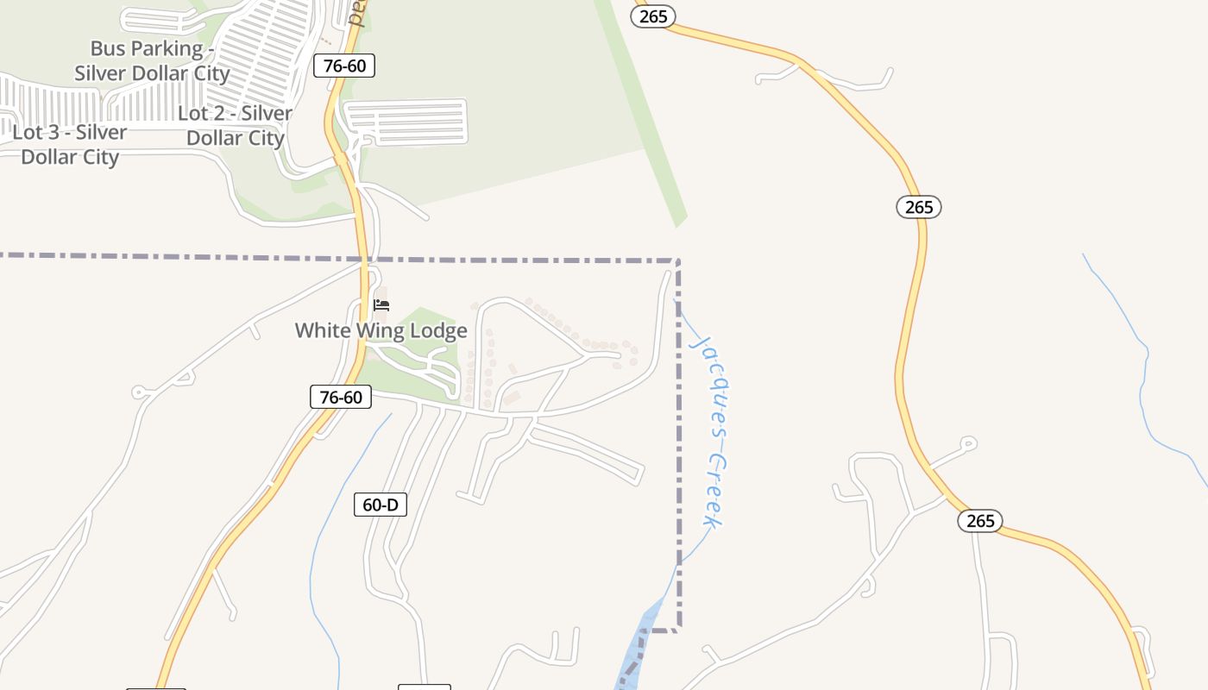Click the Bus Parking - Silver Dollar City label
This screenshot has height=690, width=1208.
tap(152, 60)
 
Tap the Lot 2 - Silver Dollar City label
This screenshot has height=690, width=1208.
tap(235, 125)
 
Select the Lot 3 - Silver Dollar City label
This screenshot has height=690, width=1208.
tap(70, 144)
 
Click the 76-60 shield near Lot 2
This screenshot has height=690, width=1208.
tap(343, 66)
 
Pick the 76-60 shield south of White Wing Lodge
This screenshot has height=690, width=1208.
tap(341, 397)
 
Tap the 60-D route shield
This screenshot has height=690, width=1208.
tap(381, 505)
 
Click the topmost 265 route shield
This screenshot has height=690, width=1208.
tap(653, 16)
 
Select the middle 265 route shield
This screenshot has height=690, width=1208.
tap(919, 207)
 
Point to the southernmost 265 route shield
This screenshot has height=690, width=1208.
tap(980, 521)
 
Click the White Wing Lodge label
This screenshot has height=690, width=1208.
tap(381, 330)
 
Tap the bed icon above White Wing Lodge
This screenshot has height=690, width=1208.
tap(381, 305)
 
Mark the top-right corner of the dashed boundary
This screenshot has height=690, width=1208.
tap(678, 260)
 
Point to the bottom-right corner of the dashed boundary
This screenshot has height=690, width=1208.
tap(678, 630)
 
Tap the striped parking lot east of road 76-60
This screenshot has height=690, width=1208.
tap(406, 122)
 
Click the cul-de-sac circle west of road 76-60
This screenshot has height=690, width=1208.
tap(138, 393)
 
